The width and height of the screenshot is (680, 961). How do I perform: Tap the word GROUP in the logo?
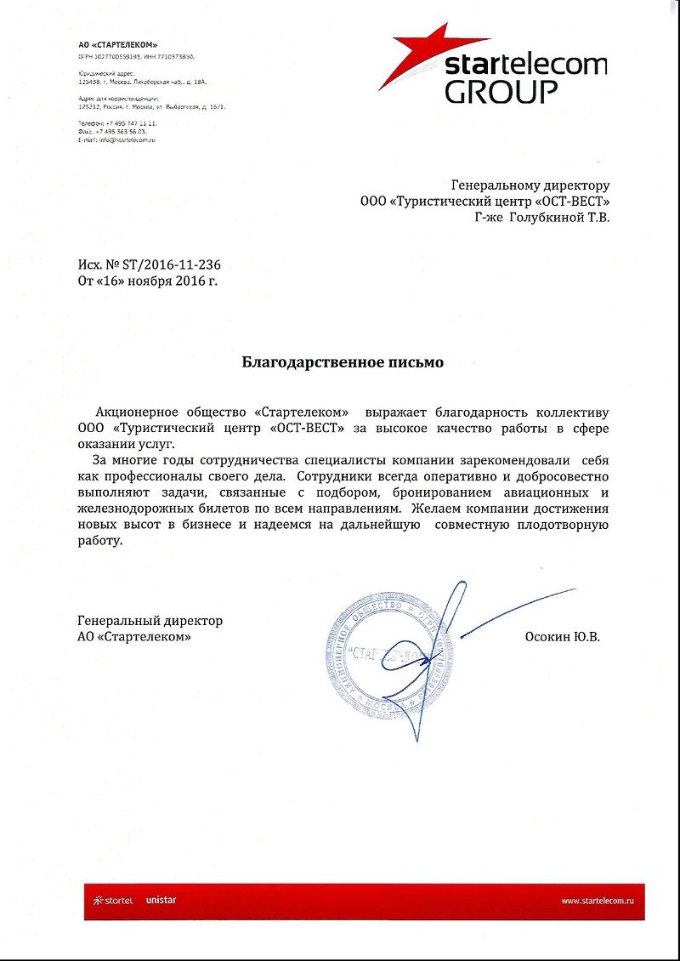(x=501, y=91)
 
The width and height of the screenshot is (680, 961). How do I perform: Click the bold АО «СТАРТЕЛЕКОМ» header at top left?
(x=117, y=44)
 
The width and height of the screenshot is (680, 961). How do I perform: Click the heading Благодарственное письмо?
(x=343, y=362)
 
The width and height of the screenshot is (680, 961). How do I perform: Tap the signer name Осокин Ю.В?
(x=563, y=636)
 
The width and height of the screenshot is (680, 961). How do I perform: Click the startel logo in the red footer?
(x=111, y=900)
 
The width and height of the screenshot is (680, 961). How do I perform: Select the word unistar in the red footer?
(x=161, y=900)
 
